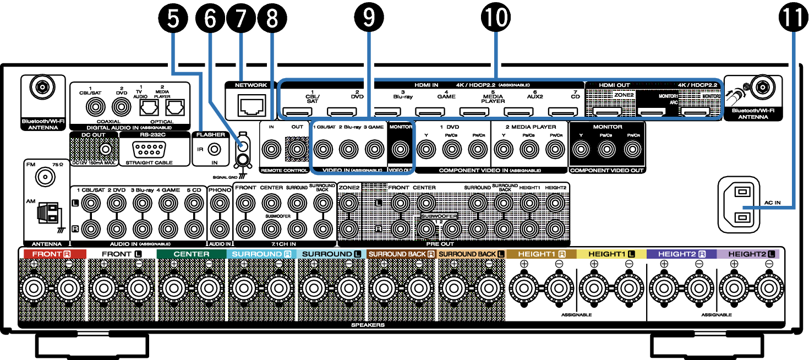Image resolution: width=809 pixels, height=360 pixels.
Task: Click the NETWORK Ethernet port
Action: pos(252,105)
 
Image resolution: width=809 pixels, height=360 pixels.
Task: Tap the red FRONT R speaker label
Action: pos(55,254)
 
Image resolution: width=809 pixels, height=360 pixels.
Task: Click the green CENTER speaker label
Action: pos(191,254)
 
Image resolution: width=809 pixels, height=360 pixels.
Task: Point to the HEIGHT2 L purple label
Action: pos(748,254)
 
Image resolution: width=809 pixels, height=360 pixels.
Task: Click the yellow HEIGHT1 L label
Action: pos(611,254)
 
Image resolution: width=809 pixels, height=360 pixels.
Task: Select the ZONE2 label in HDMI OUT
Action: pos(624,95)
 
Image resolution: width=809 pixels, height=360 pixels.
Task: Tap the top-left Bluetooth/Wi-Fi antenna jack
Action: pos(42,86)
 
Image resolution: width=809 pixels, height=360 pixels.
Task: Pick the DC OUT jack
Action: pos(105,149)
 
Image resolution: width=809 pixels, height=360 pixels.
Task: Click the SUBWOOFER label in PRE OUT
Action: pos(439,217)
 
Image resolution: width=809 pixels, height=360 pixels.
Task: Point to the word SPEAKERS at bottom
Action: pos(368,325)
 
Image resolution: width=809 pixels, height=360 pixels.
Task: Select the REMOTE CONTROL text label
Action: pos(284,171)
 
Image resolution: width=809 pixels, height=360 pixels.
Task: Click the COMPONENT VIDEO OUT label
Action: pos(606,171)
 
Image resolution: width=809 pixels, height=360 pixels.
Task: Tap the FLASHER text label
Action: pos(211,135)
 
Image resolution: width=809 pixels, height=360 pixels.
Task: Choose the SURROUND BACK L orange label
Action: pos(471,254)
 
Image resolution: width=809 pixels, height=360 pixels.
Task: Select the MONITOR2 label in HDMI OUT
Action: pos(710,96)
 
